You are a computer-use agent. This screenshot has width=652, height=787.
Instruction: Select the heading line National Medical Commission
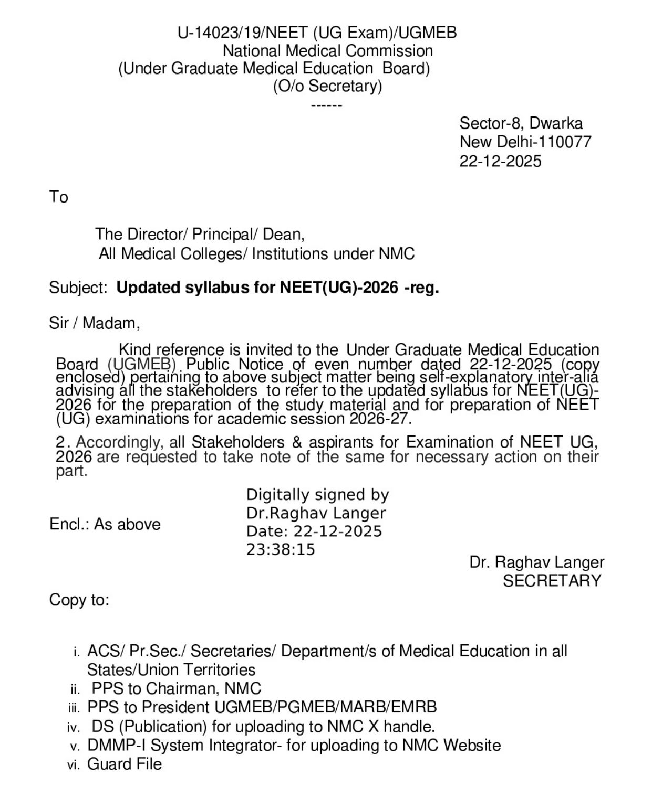[328, 51]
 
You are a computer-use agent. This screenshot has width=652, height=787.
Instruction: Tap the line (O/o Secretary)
[327, 86]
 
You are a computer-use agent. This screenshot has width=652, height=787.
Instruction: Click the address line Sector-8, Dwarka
[521, 123]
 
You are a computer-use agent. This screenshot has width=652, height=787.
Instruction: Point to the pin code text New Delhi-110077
[525, 142]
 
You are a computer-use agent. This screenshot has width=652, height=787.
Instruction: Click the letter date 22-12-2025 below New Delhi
[500, 161]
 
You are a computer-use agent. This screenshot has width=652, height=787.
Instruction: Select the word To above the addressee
[59, 197]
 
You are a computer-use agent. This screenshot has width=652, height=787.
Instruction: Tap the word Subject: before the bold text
[78, 288]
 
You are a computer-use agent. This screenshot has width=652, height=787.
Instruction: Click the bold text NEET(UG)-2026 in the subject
[339, 288]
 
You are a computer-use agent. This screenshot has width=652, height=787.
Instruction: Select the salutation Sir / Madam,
[95, 323]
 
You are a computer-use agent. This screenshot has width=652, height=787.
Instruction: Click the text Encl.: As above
[105, 524]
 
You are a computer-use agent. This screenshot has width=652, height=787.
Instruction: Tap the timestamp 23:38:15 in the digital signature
[281, 549]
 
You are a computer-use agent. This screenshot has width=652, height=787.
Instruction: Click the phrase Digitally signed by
[317, 495]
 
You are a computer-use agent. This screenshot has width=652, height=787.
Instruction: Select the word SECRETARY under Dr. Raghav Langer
[552, 581]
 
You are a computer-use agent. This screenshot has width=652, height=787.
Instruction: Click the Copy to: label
[79, 600]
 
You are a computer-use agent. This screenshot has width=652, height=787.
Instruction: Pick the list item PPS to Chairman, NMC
[177, 688]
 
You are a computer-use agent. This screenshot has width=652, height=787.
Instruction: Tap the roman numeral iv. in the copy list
[74, 728]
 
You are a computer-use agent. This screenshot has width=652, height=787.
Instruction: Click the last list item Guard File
[125, 764]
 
